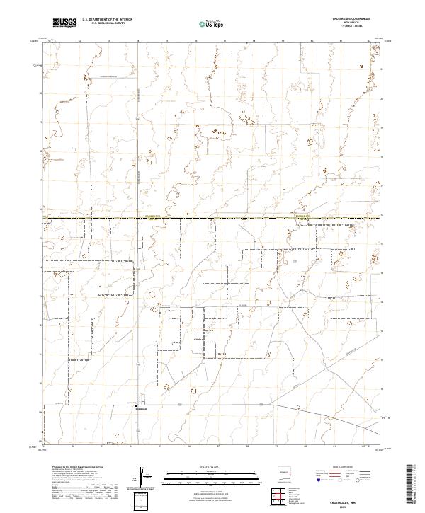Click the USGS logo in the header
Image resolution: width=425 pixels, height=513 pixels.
pos(64,23)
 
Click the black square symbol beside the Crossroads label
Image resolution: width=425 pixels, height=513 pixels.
pos(137,405)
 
